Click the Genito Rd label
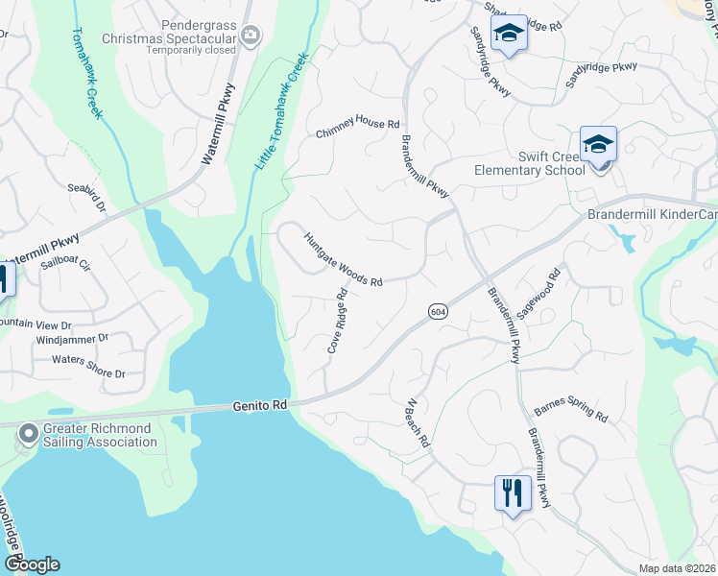pyautogui.click(x=260, y=406)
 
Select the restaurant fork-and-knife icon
pyautogui.click(x=511, y=493)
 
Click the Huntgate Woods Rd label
pyautogui.click(x=344, y=260)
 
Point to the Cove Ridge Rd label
pyautogui.click(x=336, y=322)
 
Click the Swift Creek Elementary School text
pyautogui.click(x=529, y=163)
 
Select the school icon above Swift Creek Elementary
pyautogui.click(x=598, y=145)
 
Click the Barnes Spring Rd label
pyautogui.click(x=571, y=410)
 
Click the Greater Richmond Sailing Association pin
pyautogui.click(x=28, y=435)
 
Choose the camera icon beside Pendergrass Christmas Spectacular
pyautogui.click(x=251, y=36)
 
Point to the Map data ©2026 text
pyautogui.click(x=677, y=568)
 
